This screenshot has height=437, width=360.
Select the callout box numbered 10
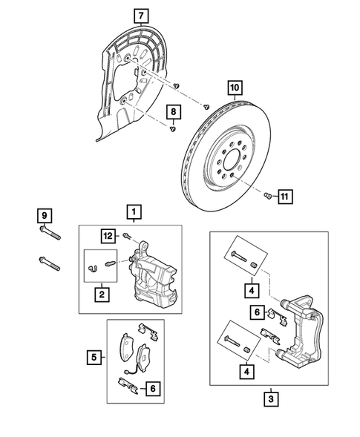[235, 88]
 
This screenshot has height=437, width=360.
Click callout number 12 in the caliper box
[108, 236]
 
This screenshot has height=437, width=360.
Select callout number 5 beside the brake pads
[94, 358]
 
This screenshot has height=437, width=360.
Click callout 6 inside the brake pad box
[151, 387]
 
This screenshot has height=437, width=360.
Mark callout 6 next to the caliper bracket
[256, 314]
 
